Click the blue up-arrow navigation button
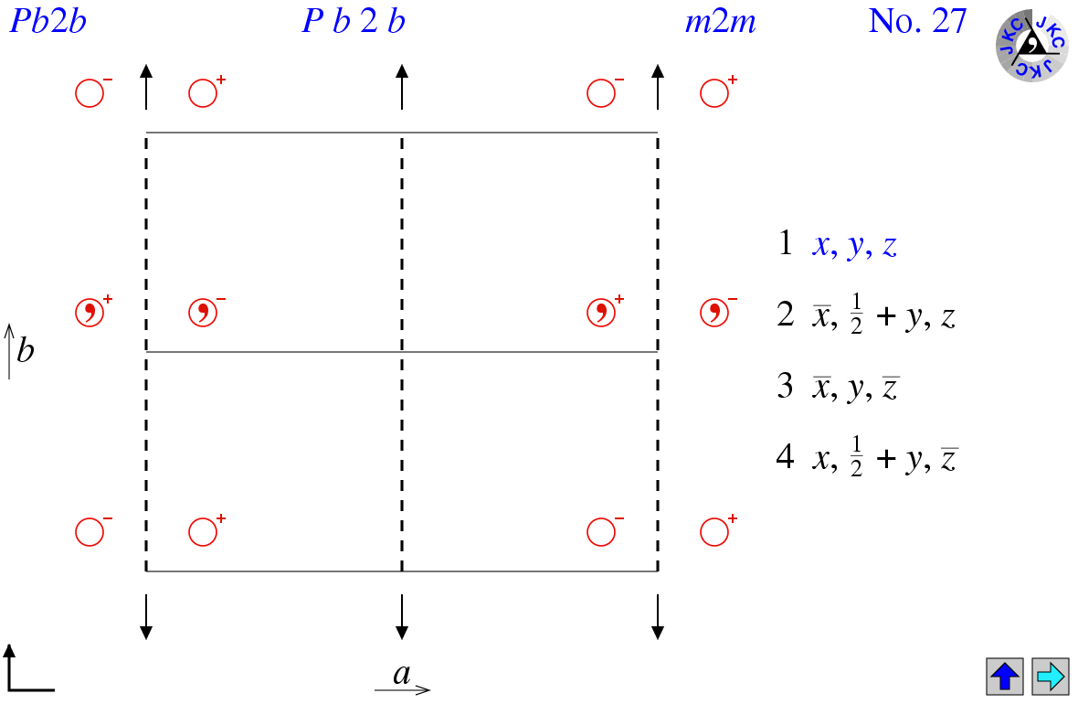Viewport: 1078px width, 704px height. click(1004, 676)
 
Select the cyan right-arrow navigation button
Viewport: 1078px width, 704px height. click(1051, 676)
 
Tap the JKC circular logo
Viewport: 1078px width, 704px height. click(1032, 46)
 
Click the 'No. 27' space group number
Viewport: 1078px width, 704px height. click(918, 21)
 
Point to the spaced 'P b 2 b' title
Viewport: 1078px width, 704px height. click(354, 21)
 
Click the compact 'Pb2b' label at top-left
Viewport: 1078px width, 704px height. click(48, 21)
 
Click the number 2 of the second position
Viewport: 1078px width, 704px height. click(785, 314)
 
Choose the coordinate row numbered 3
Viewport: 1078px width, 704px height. click(838, 387)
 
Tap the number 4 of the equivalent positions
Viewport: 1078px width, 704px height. click(785, 456)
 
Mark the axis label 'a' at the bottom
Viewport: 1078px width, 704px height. click(401, 674)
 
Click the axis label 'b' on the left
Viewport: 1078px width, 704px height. click(26, 350)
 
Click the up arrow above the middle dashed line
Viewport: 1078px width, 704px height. click(402, 87)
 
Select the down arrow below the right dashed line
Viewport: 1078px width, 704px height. click(658, 616)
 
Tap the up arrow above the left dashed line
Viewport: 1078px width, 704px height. click(146, 87)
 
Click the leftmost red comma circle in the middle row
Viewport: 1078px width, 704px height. click(90, 313)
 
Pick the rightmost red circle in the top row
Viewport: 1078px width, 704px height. click(714, 93)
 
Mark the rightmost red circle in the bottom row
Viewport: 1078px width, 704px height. click(714, 532)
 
